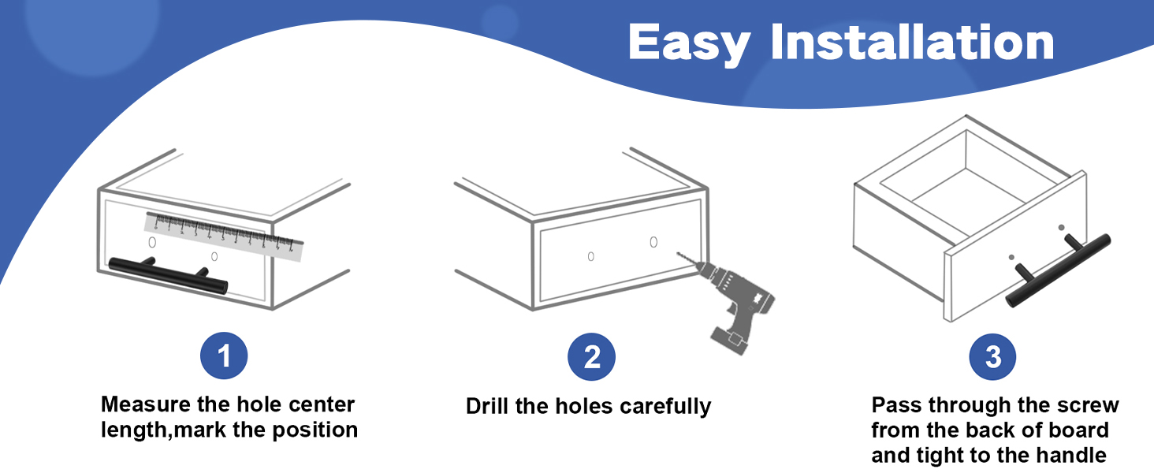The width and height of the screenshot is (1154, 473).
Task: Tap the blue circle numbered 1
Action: coord(224,356)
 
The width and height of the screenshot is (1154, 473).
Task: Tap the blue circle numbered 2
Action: coord(591,357)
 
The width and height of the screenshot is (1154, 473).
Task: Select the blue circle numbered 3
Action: coord(992,357)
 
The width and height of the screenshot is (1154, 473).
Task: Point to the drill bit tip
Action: coord(679,254)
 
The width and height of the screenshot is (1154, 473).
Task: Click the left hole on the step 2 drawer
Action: coord(591,256)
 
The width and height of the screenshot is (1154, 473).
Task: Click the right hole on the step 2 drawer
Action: coord(653,242)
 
